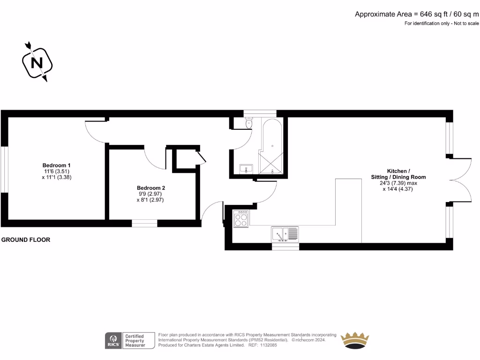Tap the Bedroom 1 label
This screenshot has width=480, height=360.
(x=56, y=165)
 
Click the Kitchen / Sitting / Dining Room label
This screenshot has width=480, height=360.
(x=399, y=174)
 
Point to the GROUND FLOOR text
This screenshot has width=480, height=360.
(x=26, y=240)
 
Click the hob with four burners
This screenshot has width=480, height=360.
(x=241, y=219)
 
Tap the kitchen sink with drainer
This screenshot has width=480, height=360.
(x=285, y=233)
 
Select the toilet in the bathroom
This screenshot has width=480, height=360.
(x=248, y=123)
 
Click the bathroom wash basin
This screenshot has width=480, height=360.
(x=246, y=169)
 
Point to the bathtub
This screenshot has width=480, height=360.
(x=270, y=136)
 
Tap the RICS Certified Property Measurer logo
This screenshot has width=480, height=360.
(x=130, y=340)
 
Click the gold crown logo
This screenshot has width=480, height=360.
(x=354, y=340)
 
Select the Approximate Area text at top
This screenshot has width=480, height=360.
(x=417, y=14)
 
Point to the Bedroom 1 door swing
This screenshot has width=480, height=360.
(x=96, y=132)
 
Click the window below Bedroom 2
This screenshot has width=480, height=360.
(x=144, y=223)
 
